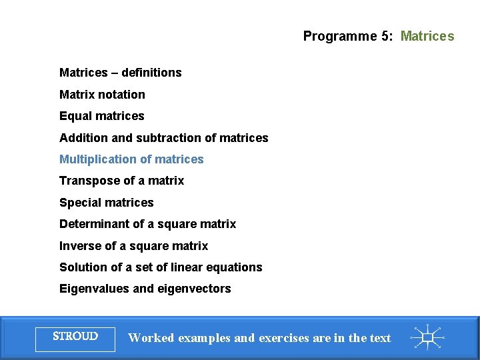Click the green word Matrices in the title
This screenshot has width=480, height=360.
(427, 36)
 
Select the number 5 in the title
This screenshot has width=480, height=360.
(386, 36)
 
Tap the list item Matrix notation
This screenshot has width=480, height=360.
(102, 95)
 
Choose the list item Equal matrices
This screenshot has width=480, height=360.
(101, 116)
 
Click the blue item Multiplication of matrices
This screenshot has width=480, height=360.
(131, 159)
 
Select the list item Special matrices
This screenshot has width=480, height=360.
(106, 203)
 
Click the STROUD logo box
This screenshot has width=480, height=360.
(75, 337)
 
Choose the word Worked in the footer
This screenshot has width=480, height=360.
(150, 338)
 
